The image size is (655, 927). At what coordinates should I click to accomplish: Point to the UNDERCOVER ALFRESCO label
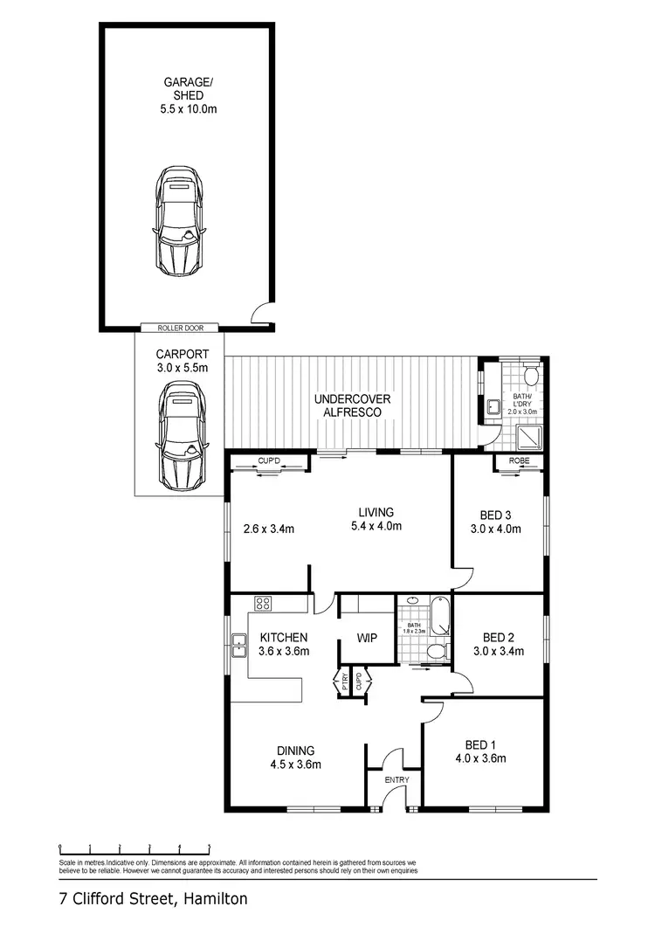click(x=353, y=406)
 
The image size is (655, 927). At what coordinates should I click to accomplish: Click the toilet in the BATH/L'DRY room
click(x=531, y=377)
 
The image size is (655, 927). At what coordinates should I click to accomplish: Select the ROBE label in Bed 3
click(x=519, y=460)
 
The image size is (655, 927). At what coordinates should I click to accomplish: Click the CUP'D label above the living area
click(x=269, y=460)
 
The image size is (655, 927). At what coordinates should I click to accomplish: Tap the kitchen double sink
click(x=238, y=648)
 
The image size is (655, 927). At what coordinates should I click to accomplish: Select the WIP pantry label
click(x=367, y=638)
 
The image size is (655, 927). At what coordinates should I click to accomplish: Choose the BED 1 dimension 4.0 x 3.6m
click(x=480, y=758)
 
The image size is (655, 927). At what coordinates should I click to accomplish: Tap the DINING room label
click(x=296, y=751)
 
